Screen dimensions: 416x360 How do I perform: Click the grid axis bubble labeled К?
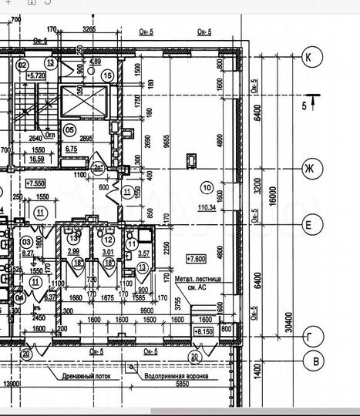coord(312,57)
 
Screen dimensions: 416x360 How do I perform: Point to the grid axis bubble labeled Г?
coord(312,337)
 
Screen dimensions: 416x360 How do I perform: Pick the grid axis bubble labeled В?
coord(312,361)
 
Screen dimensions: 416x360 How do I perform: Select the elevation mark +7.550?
coord(35,184)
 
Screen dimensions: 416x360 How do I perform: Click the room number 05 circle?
coord(69,129)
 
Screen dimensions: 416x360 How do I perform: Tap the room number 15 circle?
coord(106,75)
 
